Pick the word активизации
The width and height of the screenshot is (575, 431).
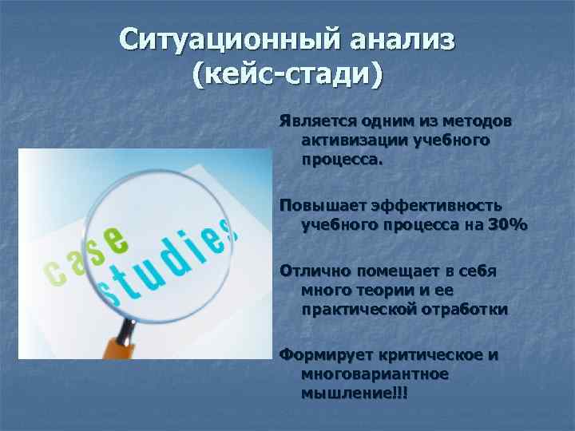tap(354, 140)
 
